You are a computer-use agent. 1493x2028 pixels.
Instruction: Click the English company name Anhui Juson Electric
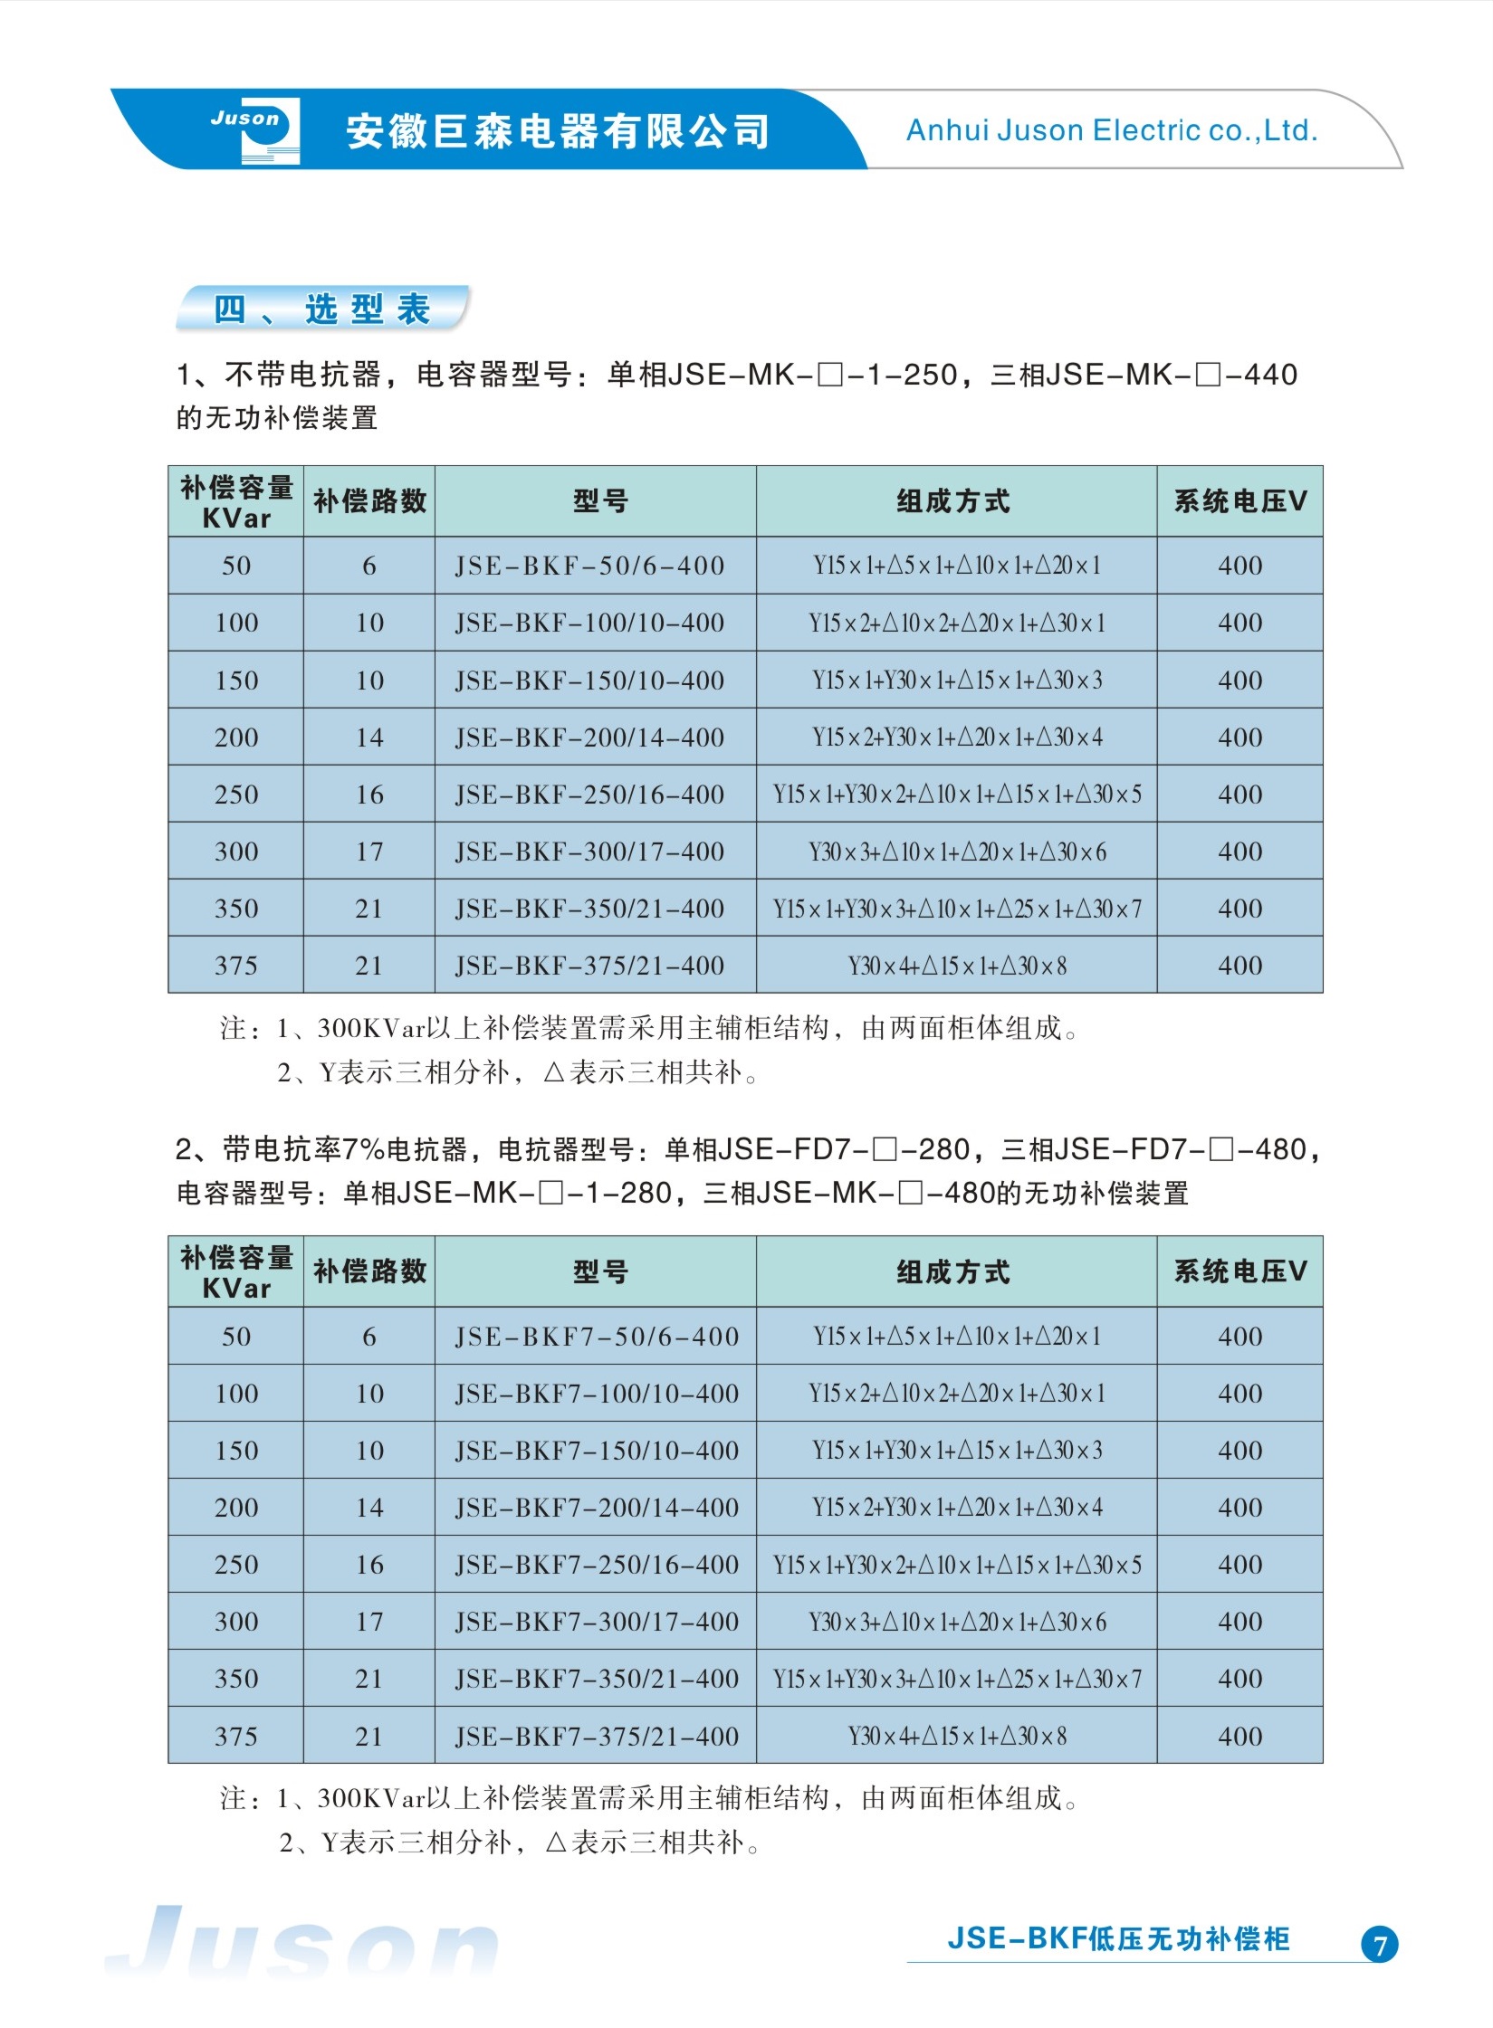(x=1111, y=131)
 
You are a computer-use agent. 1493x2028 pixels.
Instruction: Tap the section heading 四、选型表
(x=322, y=309)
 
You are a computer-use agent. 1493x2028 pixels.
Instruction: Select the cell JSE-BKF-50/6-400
(x=589, y=567)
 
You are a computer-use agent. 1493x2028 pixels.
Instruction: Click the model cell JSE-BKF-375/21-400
(x=589, y=966)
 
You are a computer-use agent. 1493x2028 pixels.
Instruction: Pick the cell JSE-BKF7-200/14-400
(x=597, y=1508)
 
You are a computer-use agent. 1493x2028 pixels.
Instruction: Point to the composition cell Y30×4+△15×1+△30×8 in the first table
(x=956, y=966)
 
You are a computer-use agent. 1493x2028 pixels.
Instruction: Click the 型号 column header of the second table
(x=599, y=1272)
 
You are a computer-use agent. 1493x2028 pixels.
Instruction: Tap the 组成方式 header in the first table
(x=953, y=501)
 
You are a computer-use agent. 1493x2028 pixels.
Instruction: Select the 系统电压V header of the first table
(x=1239, y=501)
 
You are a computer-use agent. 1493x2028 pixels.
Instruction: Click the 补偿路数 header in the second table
(x=369, y=1272)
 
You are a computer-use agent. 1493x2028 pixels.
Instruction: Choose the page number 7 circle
(x=1379, y=1945)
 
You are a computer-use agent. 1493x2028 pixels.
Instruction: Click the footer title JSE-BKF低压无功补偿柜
(x=1118, y=1939)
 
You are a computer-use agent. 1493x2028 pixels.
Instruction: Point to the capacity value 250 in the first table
(x=236, y=795)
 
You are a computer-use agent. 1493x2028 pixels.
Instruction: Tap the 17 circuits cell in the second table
(x=369, y=1623)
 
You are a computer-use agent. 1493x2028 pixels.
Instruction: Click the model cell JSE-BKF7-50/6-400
(x=597, y=1337)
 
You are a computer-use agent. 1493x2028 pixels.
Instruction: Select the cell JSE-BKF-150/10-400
(x=589, y=681)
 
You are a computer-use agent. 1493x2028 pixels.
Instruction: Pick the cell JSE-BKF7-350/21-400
(x=597, y=1680)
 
